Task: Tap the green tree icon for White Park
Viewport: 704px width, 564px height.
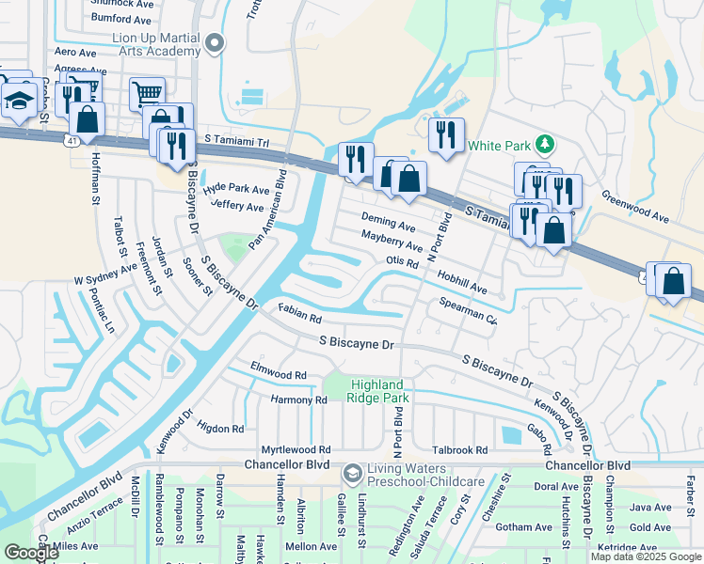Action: (x=543, y=145)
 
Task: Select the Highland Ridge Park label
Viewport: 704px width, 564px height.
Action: (x=377, y=392)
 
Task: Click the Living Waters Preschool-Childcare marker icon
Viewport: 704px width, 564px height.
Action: (x=353, y=471)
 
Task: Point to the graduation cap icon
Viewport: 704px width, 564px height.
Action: (x=18, y=99)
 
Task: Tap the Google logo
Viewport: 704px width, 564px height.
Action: (x=31, y=553)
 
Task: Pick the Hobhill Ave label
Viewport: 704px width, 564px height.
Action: (x=461, y=279)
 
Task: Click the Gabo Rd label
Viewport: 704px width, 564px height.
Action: (x=538, y=430)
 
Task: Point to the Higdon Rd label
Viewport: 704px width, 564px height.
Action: (x=220, y=428)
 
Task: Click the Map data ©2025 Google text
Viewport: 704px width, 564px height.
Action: (x=645, y=556)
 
